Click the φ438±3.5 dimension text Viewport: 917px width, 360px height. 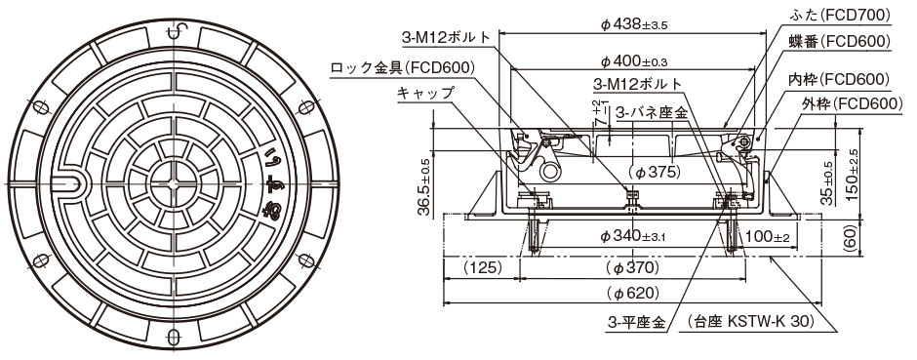[x=634, y=25]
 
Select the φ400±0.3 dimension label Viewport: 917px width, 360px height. [x=634, y=61]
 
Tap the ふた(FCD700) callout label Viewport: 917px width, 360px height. [x=842, y=16]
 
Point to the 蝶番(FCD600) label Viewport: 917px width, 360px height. [x=842, y=41]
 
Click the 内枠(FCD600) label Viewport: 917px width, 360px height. [x=842, y=78]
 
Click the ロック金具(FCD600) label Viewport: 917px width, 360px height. [x=403, y=68]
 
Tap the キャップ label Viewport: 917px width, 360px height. [x=425, y=94]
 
